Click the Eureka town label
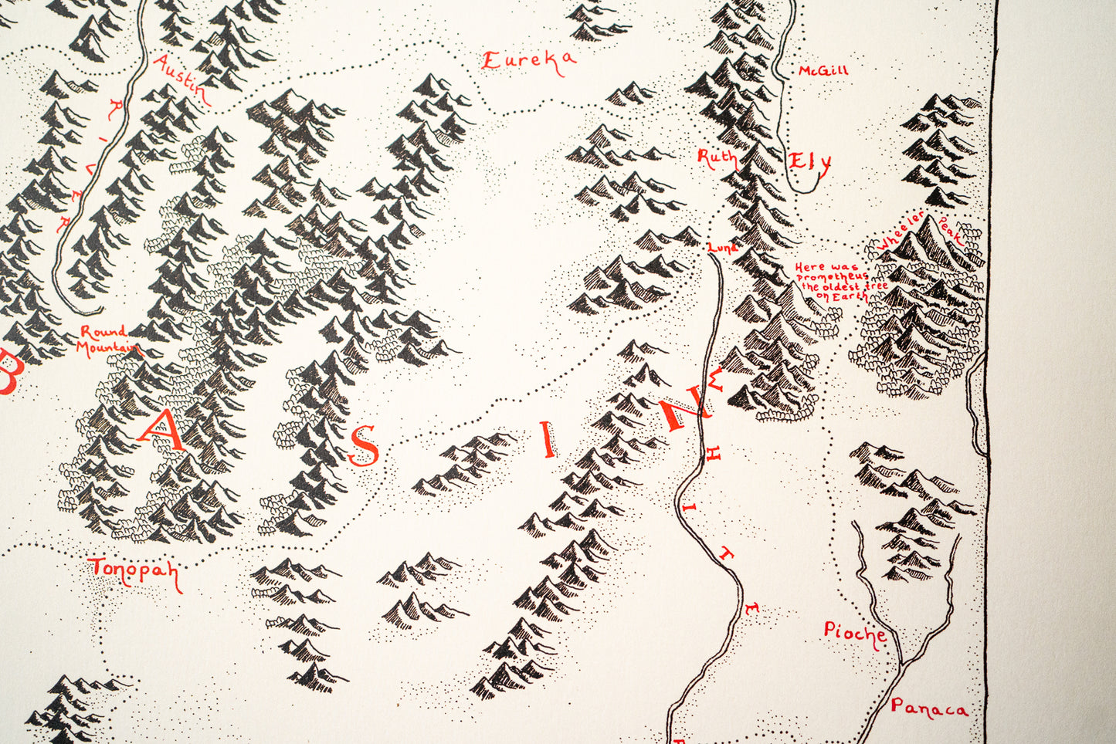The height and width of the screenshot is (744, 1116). coord(528,62)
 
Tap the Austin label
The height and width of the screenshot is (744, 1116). coord(182,79)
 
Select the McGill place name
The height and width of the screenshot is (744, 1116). coord(823,71)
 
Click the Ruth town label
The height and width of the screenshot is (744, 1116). coord(717,159)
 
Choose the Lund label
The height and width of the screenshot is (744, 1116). coord(722,248)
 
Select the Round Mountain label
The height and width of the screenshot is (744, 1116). coord(108,340)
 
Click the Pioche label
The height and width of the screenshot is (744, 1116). coord(853,634)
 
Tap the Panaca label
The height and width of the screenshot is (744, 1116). coord(928,708)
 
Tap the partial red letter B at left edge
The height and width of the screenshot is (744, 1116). coord(9,372)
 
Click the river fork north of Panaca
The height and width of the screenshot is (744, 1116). coord(901,664)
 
